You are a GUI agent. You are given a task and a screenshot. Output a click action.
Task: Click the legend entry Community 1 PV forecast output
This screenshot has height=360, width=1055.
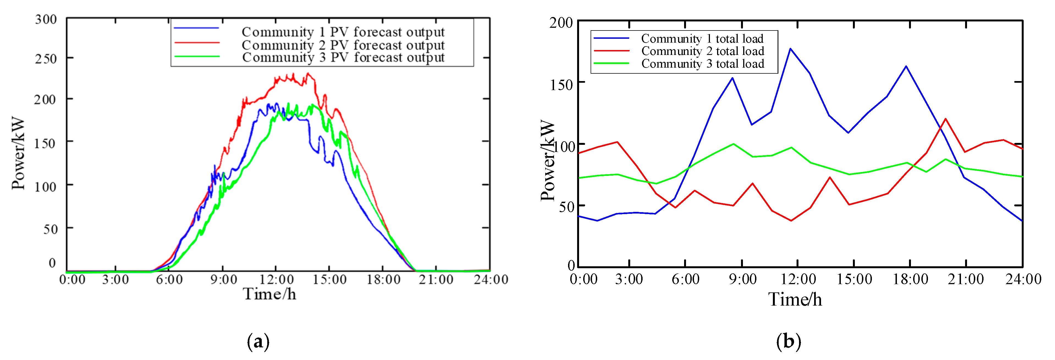click(343, 32)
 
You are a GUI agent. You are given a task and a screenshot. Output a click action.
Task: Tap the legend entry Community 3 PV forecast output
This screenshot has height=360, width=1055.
click(343, 57)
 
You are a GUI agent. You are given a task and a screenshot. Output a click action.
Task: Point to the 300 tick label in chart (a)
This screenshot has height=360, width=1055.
click(46, 19)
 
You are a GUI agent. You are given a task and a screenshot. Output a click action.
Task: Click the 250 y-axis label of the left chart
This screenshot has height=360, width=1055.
click(46, 59)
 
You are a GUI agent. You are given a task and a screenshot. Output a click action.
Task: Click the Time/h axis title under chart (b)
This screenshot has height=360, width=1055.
click(795, 299)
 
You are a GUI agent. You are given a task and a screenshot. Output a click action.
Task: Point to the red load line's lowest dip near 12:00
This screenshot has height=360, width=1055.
click(791, 221)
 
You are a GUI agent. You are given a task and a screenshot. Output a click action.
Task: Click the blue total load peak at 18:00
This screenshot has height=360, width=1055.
click(906, 66)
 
